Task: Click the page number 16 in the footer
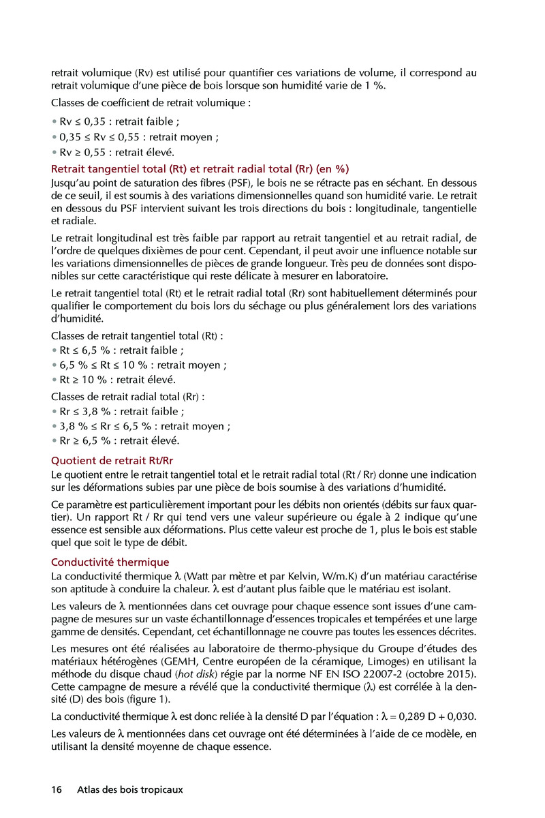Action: pyautogui.click(x=57, y=789)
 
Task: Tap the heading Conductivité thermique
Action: pyautogui.click(x=110, y=562)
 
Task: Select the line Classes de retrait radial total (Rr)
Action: pyautogui.click(x=127, y=396)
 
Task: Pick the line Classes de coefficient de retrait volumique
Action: pyautogui.click(x=151, y=104)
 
